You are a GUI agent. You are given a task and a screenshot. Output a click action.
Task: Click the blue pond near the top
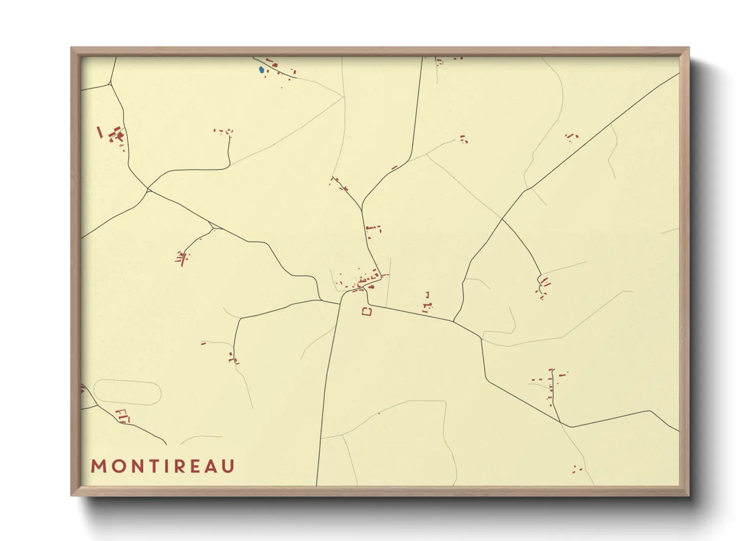[x=262, y=70]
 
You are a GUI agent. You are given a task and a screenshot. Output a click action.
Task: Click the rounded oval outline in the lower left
[x=128, y=392]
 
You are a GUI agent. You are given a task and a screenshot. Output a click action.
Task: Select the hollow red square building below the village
[x=367, y=311]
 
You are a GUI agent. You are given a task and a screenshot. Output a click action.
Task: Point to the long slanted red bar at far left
[x=100, y=132]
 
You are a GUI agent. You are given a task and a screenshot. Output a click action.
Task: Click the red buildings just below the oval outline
[x=123, y=416]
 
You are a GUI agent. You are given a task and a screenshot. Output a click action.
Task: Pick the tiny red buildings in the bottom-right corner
[x=577, y=469]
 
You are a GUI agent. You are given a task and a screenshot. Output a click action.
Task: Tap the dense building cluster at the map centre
[x=364, y=281]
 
